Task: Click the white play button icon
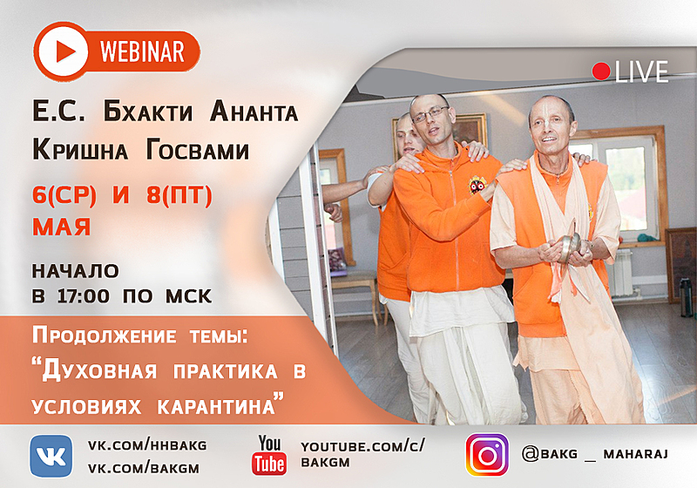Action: coord(64,51)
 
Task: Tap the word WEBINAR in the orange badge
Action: coord(142,51)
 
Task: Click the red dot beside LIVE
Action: coord(601,71)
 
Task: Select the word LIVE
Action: coord(642,71)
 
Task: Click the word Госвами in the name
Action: coord(198,150)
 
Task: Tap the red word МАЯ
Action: coord(62,227)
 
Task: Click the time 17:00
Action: coord(84,296)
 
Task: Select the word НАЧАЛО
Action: coord(76,271)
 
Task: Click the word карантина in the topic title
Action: coord(216,407)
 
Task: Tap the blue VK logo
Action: coord(51,456)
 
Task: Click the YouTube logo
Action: coord(269,455)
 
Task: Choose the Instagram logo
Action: coord(487,455)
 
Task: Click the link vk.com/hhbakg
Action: coord(147,445)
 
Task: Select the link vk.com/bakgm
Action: coord(144,469)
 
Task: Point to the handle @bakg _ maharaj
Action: coord(595,454)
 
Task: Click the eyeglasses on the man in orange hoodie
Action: coord(430,114)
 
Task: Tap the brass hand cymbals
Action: coord(571,246)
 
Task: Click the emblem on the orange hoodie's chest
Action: coord(477,185)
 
